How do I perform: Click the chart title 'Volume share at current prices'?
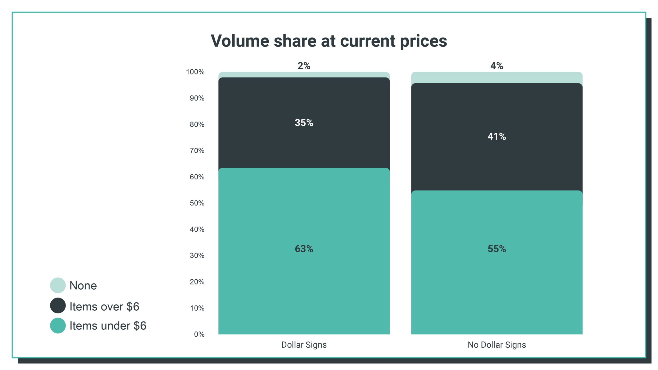[x=329, y=41]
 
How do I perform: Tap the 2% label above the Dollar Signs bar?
[x=304, y=66]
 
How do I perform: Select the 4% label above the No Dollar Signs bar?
[x=497, y=66]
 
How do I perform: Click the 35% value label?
[x=304, y=123]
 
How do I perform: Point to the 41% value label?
[x=497, y=136]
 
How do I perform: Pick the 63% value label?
[x=304, y=249]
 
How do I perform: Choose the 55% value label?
[x=497, y=249]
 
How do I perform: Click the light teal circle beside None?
[x=58, y=285]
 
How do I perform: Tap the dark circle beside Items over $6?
[x=58, y=306]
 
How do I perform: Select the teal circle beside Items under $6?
[x=58, y=326]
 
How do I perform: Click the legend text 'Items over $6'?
[x=104, y=307]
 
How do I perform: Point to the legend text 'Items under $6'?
[x=108, y=326]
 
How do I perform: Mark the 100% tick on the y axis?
[x=195, y=72]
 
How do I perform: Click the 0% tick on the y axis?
[x=199, y=334]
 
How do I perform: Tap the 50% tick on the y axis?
[x=197, y=203]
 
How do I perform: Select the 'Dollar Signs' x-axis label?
[x=304, y=345]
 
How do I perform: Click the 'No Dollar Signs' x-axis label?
[x=497, y=345]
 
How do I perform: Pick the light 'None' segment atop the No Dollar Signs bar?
[x=497, y=78]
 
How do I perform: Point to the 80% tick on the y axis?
[x=197, y=124]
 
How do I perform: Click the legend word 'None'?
[x=83, y=286]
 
